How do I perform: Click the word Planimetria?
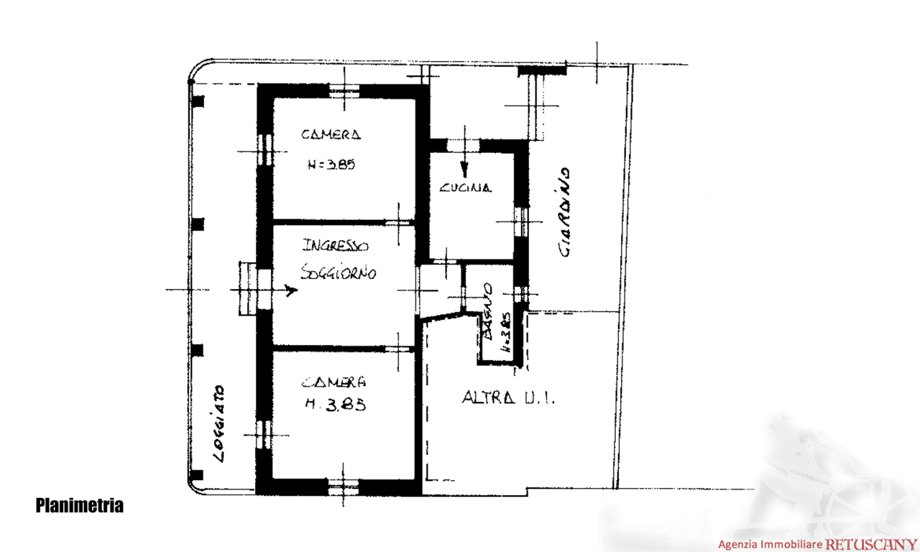(79, 506)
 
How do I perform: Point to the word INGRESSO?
(336, 246)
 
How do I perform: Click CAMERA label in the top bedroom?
(331, 134)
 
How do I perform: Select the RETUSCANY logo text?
(871, 544)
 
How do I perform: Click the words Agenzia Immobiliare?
(770, 545)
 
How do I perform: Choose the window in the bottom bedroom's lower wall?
(343, 487)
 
